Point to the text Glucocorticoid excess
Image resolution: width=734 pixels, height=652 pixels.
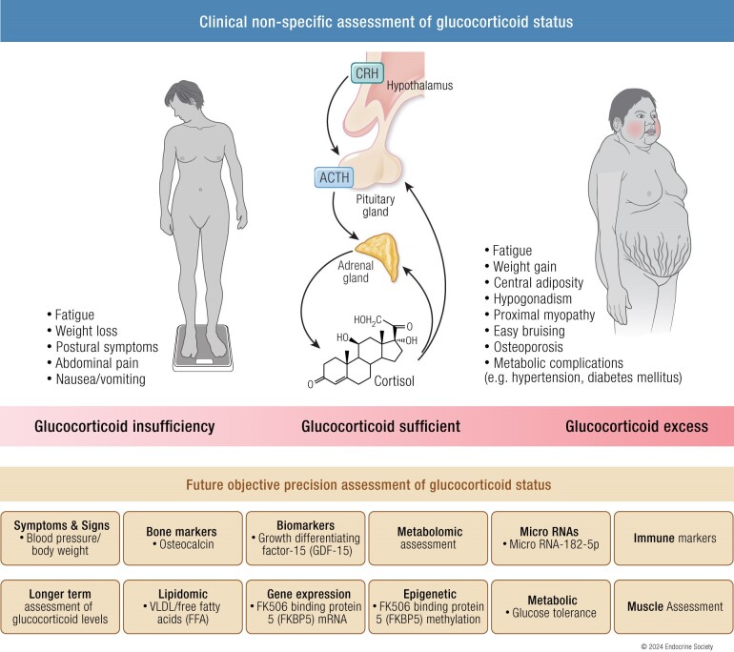point(636,426)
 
